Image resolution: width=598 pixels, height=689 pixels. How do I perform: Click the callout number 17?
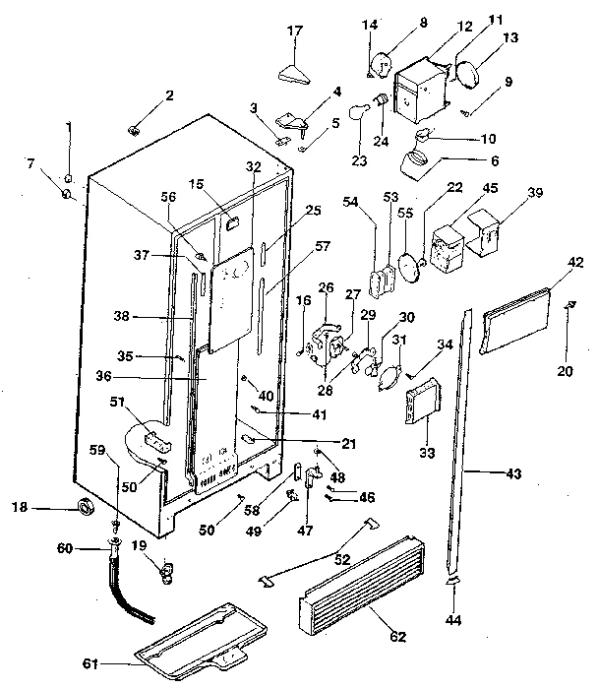294,31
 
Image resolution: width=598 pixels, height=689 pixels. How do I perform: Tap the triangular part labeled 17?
294,73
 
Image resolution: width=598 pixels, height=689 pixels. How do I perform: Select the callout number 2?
169,95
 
